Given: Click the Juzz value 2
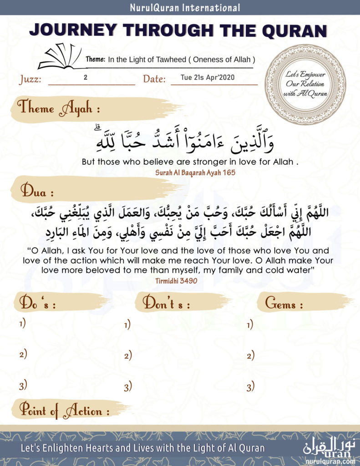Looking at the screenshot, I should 86,77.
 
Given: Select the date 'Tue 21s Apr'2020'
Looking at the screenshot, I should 208,77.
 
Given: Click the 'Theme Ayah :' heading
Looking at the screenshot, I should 59,109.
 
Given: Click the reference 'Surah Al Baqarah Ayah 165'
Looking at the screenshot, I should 179,172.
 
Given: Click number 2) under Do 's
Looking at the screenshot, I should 23,354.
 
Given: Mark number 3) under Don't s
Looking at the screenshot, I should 127,387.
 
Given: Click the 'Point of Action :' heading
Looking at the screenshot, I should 64,411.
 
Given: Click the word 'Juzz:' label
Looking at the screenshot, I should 30,80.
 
